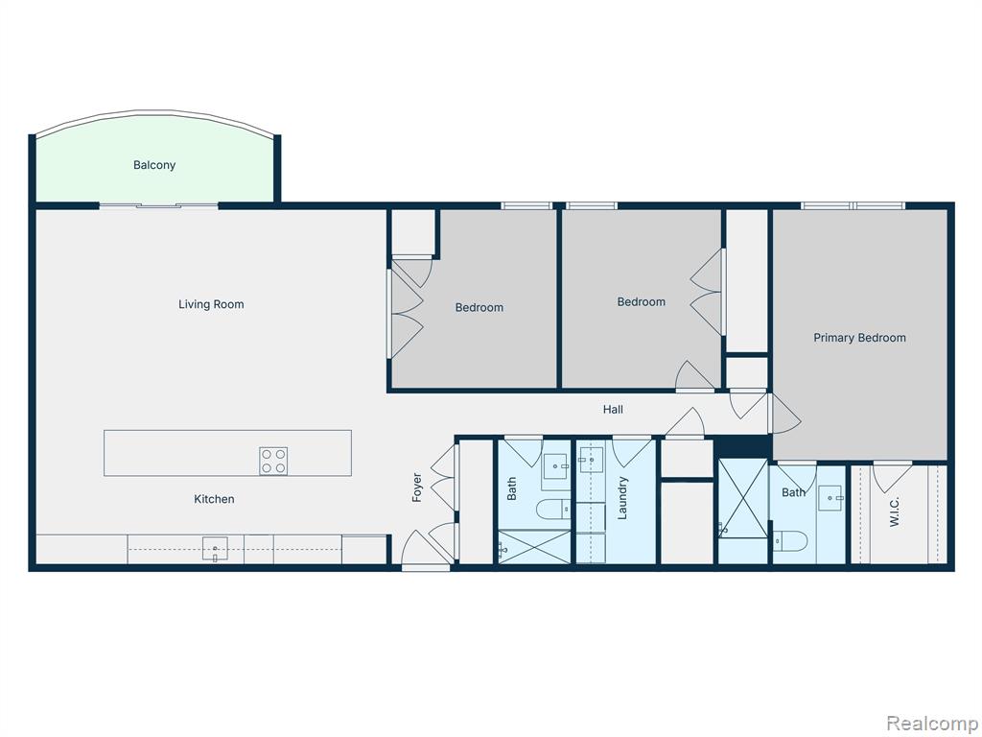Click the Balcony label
[x=154, y=165]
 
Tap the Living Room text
[x=211, y=304]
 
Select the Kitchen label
[x=214, y=499]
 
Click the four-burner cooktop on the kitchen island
[x=273, y=461]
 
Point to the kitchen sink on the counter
[x=216, y=549]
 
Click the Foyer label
[x=417, y=487]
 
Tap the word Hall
[x=613, y=410]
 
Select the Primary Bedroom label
[x=859, y=338]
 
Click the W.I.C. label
[x=895, y=511]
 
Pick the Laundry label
[x=622, y=498]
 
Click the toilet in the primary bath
[x=790, y=541]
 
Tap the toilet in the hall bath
[x=553, y=509]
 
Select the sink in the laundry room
[x=591, y=459]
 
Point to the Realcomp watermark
[x=931, y=724]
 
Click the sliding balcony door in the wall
[x=158, y=205]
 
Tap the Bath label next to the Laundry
[x=512, y=488]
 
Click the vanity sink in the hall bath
[x=556, y=466]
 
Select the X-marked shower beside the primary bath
[x=743, y=499]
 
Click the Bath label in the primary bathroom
[x=793, y=492]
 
